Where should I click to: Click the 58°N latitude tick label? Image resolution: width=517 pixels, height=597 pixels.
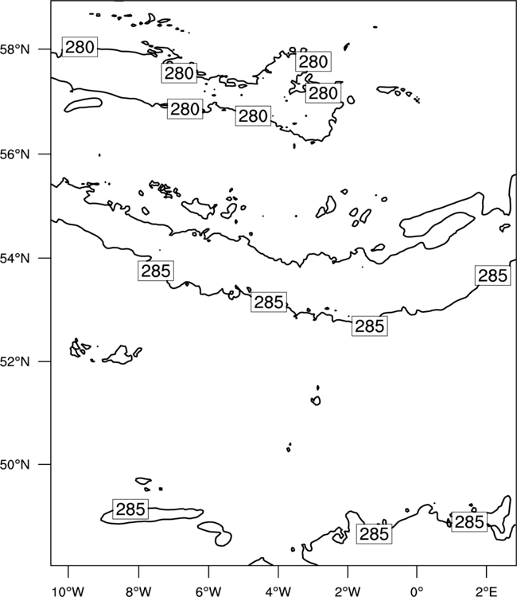tap(14, 49)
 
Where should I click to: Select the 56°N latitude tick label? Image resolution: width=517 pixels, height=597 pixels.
tap(14, 154)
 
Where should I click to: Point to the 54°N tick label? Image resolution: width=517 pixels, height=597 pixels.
tap(14, 259)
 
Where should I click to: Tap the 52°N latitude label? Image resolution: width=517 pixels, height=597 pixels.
tap(14, 361)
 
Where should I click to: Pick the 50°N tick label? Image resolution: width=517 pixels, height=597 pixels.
tap(14, 465)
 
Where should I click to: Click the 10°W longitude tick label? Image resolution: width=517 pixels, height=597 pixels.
tap(68, 591)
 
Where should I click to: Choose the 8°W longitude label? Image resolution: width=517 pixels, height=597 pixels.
tap(138, 591)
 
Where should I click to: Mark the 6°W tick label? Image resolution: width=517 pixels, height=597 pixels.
tap(208, 591)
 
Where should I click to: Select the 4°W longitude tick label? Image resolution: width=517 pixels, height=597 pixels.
tap(278, 591)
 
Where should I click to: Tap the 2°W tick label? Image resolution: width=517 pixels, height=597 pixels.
tap(348, 591)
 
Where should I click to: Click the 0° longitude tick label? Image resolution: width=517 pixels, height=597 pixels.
tap(417, 591)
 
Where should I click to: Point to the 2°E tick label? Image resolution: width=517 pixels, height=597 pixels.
tap(487, 591)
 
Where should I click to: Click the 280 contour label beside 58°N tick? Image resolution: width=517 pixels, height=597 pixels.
tap(80, 47)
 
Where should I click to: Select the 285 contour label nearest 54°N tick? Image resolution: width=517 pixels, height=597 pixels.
tap(156, 271)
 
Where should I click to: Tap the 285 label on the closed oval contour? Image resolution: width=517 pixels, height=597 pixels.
tap(130, 509)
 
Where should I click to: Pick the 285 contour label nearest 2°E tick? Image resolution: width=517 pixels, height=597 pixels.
tap(469, 522)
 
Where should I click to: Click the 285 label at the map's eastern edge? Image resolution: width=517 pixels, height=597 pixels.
tap(492, 275)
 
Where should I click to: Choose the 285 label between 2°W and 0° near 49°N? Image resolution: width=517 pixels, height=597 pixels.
tap(375, 534)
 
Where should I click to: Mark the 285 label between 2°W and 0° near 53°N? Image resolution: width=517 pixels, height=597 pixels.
tap(370, 326)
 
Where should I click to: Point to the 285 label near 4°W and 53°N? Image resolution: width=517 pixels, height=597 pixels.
tap(269, 302)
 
